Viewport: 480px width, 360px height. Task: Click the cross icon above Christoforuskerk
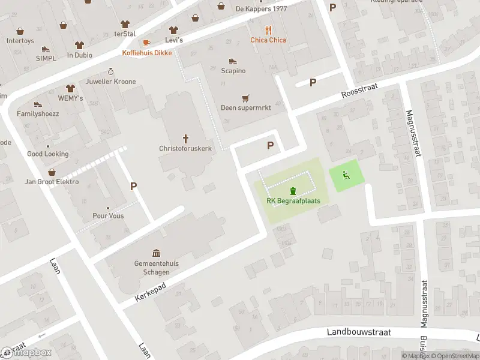pos(185,137)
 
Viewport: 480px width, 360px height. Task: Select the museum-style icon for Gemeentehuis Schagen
pos(156,253)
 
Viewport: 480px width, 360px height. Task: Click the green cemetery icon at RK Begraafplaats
pos(293,191)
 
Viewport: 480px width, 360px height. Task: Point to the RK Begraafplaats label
pos(293,201)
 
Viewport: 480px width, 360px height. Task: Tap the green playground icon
pos(346,175)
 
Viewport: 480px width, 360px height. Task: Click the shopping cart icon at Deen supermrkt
pos(245,98)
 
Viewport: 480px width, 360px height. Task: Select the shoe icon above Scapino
pos(233,61)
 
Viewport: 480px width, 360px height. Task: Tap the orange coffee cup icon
pos(146,43)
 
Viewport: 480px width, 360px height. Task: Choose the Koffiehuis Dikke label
pos(147,53)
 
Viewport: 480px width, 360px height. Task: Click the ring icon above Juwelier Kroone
pos(111,71)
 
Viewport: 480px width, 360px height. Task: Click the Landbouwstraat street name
pos(359,332)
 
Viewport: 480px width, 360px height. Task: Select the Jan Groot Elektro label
pos(52,182)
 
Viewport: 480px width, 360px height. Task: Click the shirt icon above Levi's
pos(174,29)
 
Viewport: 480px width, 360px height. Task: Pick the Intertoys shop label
pos(20,41)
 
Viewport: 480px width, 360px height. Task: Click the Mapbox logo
pos(26,353)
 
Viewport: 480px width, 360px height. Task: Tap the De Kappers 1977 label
pos(261,9)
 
